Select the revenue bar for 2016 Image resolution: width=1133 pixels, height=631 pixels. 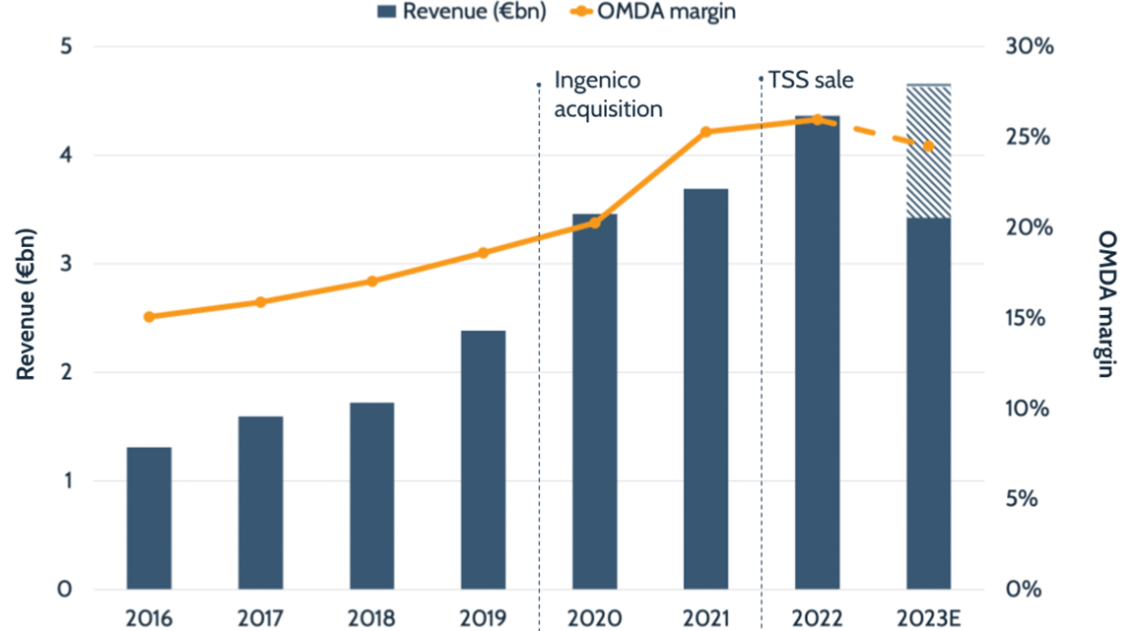[x=149, y=518]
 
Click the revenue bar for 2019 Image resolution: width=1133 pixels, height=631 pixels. [x=483, y=460]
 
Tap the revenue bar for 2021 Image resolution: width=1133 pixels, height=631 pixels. [x=705, y=389]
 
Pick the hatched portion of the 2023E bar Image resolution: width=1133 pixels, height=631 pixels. [x=928, y=152]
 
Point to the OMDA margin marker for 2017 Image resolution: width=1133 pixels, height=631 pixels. [x=261, y=302]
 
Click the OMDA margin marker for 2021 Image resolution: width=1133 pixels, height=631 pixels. [x=705, y=132]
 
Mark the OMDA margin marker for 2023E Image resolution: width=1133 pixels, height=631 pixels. [x=928, y=147]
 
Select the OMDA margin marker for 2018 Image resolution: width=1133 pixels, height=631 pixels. [x=372, y=282]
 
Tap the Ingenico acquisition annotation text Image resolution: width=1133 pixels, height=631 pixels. [x=608, y=94]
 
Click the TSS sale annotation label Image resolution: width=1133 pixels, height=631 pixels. [x=811, y=80]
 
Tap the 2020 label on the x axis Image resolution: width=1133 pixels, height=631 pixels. [x=594, y=618]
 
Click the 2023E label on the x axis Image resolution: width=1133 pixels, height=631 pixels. [x=928, y=618]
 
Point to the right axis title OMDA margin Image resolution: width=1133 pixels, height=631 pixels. [x=1107, y=305]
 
